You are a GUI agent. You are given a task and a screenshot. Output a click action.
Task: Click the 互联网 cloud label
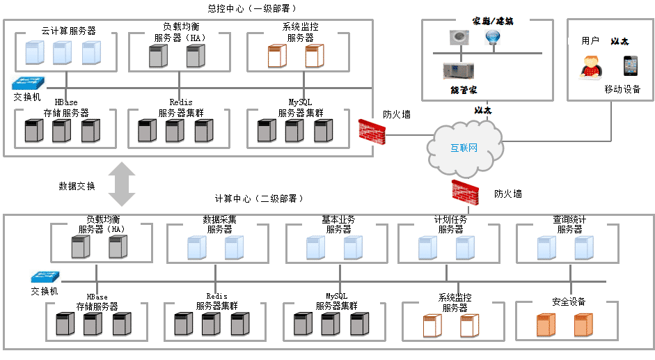(464, 148)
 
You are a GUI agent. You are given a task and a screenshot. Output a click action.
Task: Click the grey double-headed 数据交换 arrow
(122, 185)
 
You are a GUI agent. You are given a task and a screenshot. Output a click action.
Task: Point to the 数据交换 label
(77, 187)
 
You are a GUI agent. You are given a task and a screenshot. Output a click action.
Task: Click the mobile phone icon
(631, 65)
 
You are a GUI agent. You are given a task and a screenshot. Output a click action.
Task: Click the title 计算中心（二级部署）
(260, 198)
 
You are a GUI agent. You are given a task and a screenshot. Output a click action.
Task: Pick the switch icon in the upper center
(28, 84)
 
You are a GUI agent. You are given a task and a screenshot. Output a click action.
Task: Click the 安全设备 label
(569, 302)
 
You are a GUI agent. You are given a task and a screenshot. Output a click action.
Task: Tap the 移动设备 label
(622, 89)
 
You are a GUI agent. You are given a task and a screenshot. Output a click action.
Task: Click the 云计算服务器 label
(68, 31)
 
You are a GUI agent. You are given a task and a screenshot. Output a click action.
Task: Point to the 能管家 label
(464, 91)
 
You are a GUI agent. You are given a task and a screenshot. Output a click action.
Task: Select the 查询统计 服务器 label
(569, 224)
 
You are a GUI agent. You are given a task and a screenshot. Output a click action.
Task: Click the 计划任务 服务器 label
(450, 224)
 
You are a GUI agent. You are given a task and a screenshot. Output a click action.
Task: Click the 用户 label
(590, 41)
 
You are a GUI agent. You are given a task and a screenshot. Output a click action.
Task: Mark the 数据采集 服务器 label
(219, 224)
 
